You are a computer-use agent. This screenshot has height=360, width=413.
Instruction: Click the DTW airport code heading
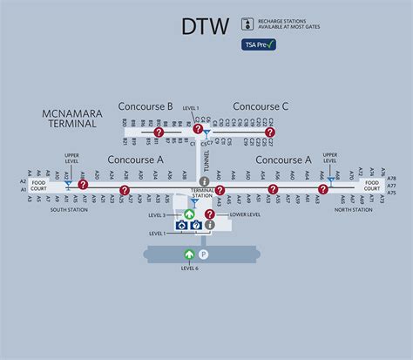click(x=206, y=26)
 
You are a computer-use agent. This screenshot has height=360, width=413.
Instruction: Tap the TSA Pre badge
click(x=259, y=44)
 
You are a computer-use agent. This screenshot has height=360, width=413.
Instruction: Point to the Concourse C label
click(x=261, y=106)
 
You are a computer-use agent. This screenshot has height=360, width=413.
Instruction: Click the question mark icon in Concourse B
click(x=159, y=132)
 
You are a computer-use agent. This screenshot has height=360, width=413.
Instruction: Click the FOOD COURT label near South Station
click(x=39, y=186)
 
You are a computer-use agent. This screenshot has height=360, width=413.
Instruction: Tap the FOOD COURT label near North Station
click(x=372, y=186)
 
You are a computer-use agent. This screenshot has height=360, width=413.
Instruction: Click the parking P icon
click(x=204, y=255)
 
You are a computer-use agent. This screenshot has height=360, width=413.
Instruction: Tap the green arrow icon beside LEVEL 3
click(x=190, y=214)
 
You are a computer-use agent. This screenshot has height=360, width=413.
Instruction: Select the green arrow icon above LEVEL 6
click(x=189, y=255)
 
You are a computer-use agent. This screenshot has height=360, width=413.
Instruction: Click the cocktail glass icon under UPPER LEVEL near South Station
click(x=68, y=184)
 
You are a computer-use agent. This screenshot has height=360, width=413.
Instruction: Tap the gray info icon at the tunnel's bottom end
click(x=204, y=180)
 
